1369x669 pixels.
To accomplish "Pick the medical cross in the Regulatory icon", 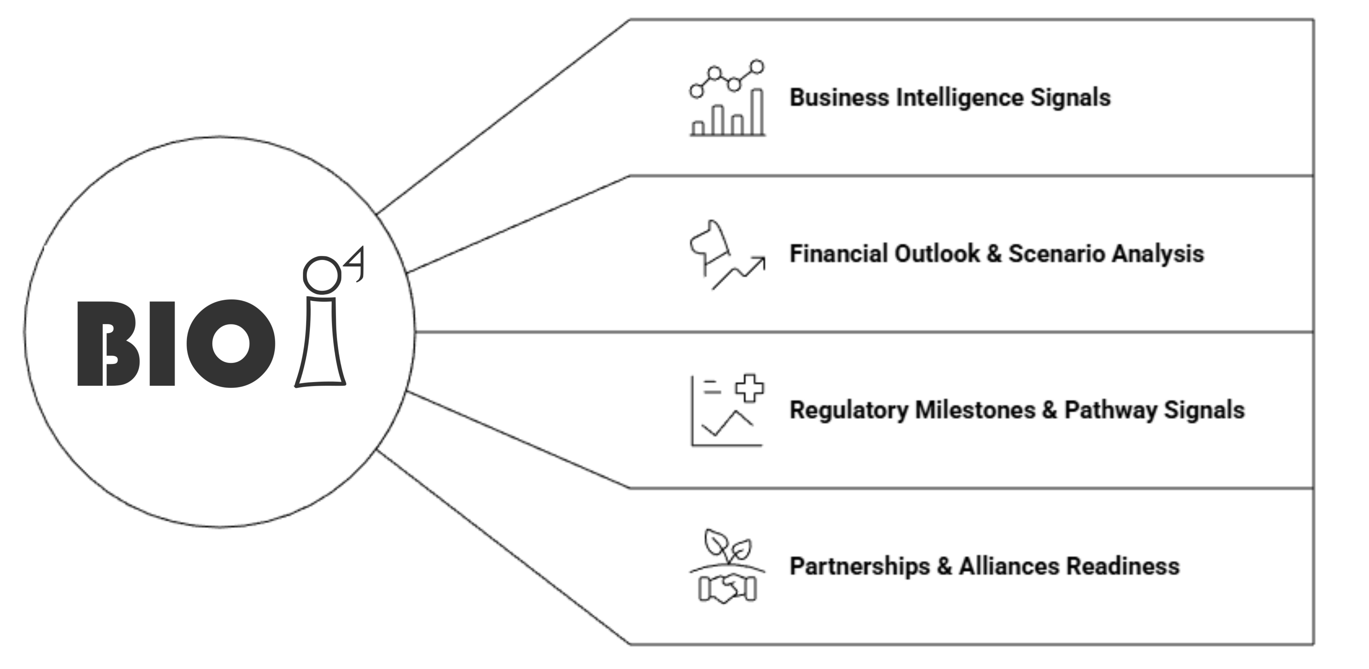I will point(749,388).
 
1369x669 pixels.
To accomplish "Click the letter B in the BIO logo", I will point(109,344).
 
